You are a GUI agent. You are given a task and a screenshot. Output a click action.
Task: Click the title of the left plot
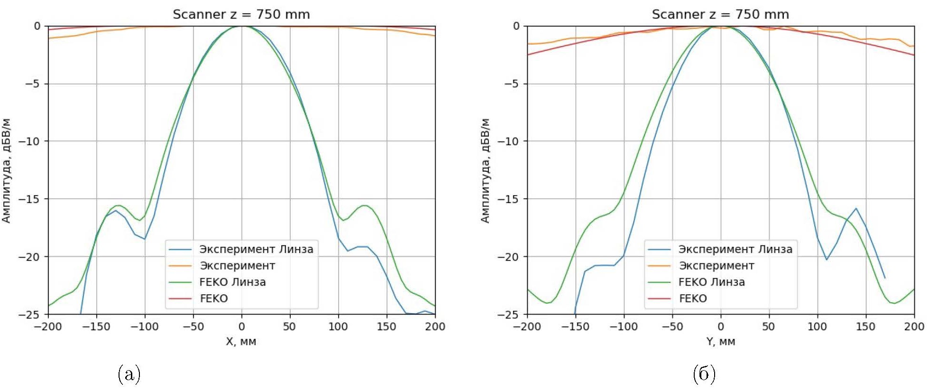(x=241, y=14)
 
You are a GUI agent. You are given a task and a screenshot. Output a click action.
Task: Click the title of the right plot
(x=720, y=14)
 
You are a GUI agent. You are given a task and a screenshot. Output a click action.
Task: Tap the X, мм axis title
(x=241, y=341)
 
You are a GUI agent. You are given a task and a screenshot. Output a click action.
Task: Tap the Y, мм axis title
(x=720, y=341)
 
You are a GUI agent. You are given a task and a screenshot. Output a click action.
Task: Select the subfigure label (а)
(x=129, y=374)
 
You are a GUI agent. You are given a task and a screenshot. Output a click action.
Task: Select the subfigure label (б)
(x=704, y=374)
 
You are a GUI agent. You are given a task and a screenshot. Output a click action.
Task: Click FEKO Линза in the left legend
(x=232, y=282)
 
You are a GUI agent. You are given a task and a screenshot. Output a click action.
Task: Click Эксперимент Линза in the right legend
(x=735, y=249)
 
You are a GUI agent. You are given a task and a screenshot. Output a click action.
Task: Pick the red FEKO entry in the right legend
(x=693, y=299)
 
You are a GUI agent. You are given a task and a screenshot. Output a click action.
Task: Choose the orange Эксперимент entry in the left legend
(x=237, y=266)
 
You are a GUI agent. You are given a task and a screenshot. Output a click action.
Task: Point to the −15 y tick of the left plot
(x=30, y=199)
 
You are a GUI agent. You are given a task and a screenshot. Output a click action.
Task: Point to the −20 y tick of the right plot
(x=509, y=257)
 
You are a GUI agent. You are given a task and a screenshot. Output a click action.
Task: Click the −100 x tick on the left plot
(x=145, y=327)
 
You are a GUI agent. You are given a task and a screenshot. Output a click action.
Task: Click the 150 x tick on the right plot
(x=866, y=327)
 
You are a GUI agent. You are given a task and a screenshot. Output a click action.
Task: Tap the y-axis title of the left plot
(x=6, y=170)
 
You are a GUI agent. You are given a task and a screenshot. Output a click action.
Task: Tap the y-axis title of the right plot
(x=485, y=170)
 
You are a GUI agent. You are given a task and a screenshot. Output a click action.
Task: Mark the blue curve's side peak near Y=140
(x=856, y=208)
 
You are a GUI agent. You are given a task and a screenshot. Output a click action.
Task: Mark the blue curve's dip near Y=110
(x=827, y=259)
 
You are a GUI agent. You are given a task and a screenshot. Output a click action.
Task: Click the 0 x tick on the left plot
(x=241, y=327)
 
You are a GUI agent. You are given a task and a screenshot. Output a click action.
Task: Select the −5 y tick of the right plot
(x=511, y=84)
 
